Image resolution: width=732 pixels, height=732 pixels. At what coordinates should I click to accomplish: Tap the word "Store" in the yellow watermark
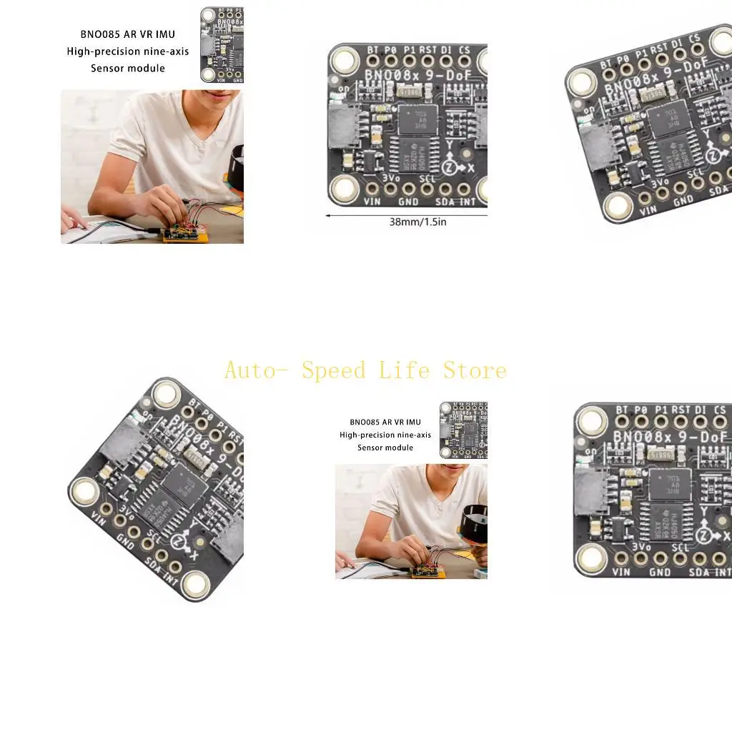475,370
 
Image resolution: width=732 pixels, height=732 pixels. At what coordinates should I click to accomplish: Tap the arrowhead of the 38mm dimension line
327,214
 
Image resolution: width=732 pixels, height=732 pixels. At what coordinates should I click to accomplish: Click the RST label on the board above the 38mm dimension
427,50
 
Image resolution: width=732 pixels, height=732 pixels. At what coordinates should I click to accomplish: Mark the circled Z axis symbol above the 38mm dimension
449,167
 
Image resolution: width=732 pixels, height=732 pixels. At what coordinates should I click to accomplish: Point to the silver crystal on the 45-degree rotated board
195,457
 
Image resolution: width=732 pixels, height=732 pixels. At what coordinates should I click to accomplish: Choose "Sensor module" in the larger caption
128,69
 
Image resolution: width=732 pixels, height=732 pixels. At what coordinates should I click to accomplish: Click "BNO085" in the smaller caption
363,422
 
